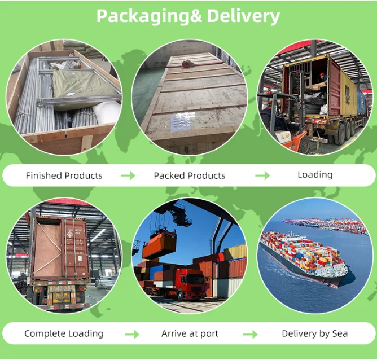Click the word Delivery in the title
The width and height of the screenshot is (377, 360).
click(243, 16)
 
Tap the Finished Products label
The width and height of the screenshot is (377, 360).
click(64, 175)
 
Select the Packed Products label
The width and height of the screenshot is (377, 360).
click(189, 175)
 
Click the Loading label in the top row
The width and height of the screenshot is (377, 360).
click(315, 174)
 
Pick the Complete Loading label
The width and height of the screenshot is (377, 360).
click(64, 333)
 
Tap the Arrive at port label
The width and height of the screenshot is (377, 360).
click(190, 333)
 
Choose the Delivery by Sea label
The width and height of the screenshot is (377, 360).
click(315, 333)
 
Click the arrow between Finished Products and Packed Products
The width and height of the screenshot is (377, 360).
click(128, 175)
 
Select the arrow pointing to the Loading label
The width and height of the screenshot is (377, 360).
click(262, 175)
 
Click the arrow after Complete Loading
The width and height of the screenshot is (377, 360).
click(131, 334)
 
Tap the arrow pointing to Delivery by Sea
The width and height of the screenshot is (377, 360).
click(250, 334)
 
